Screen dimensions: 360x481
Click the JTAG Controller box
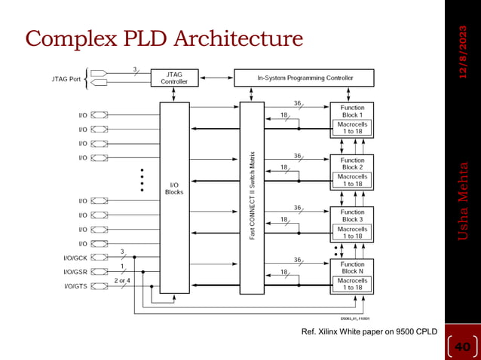point(174,77)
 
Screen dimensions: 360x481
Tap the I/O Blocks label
point(174,188)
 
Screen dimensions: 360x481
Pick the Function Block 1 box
point(352,111)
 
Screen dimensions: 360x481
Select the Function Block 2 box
point(352,163)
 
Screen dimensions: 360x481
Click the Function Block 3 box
point(352,215)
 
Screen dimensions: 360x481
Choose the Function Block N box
point(352,268)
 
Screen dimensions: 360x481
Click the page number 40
point(461,346)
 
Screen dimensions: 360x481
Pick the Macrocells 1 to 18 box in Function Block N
point(352,283)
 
